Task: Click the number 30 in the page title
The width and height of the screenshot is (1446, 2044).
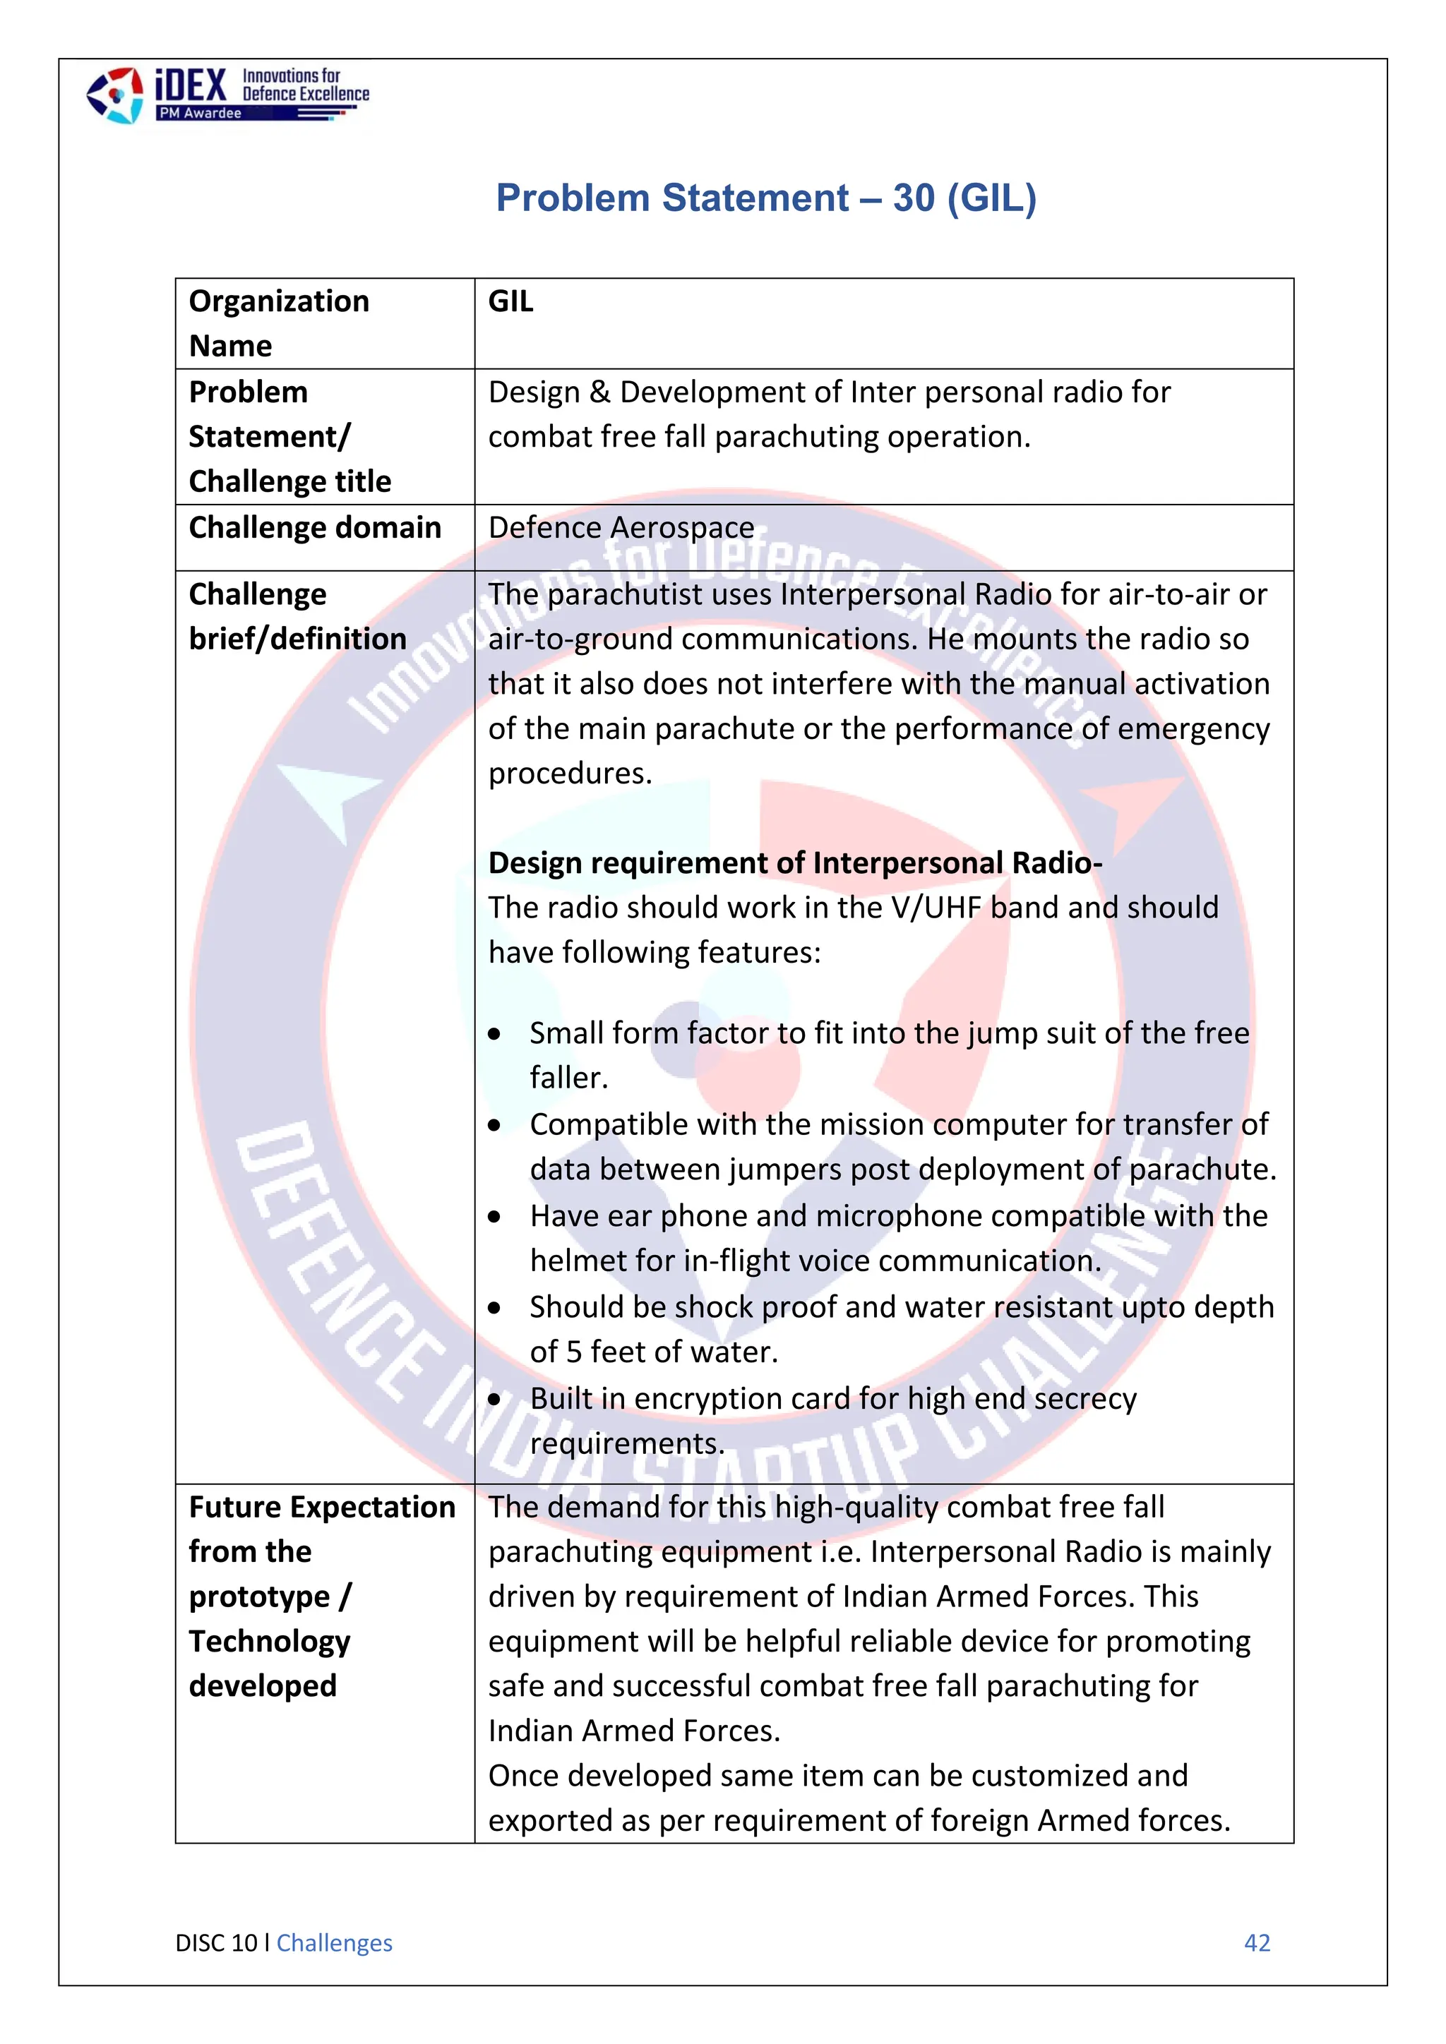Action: pos(914,198)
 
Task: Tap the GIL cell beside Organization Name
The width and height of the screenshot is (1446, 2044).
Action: pos(511,302)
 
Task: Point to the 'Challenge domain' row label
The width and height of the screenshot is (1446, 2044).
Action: pos(314,528)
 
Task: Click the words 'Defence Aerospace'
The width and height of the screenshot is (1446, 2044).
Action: pos(621,528)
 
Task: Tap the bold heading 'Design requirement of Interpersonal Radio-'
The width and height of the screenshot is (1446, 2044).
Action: pos(795,862)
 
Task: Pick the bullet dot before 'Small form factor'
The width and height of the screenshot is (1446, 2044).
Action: pos(495,1035)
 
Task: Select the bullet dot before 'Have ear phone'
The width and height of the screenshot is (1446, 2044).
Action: pos(495,1217)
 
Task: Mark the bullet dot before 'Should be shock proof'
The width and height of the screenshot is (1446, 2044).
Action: pos(495,1309)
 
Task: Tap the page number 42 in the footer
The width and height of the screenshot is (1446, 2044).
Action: pos(1256,1943)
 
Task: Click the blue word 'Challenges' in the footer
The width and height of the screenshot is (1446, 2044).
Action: pos(334,1943)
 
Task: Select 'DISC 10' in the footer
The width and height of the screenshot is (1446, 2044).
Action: pos(216,1943)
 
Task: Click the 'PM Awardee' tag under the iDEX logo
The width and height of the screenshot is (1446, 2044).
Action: pos(199,114)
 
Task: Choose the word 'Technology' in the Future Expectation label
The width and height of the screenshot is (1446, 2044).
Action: pos(269,1641)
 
